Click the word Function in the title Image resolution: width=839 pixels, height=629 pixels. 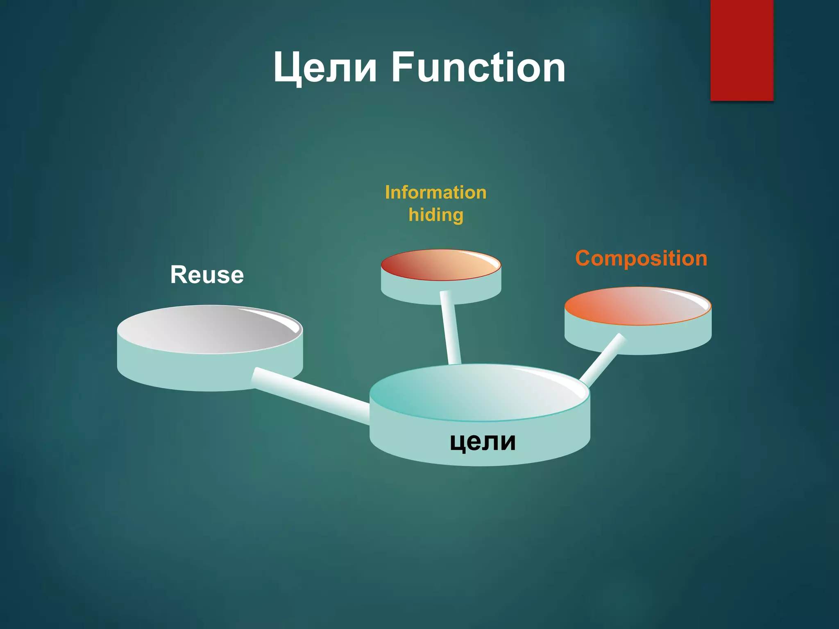(478, 68)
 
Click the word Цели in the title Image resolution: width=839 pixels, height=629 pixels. (324, 68)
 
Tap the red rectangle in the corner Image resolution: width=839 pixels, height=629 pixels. (741, 49)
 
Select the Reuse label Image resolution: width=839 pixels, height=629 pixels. (207, 275)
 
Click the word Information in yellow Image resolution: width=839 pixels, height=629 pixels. (435, 192)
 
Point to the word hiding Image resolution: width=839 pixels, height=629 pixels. (436, 215)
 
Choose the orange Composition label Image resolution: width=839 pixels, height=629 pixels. (641, 258)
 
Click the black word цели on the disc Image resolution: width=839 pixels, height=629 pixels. (483, 441)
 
